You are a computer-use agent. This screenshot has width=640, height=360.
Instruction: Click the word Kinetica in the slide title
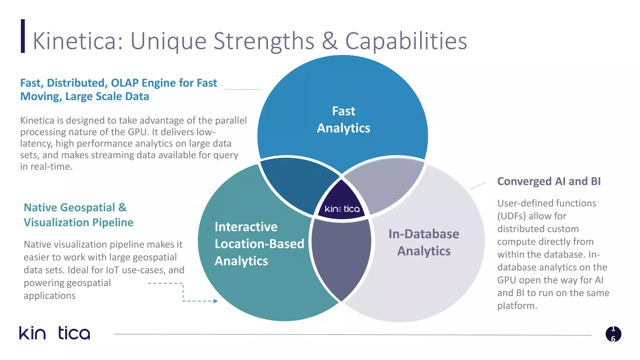[75, 41]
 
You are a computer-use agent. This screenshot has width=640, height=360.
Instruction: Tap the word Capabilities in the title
[406, 42]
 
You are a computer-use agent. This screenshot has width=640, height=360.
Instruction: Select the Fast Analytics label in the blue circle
[343, 120]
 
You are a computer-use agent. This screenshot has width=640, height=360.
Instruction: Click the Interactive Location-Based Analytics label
[259, 244]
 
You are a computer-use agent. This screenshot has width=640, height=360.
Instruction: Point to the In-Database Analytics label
[423, 242]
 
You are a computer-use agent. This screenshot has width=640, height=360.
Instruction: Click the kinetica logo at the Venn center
[342, 209]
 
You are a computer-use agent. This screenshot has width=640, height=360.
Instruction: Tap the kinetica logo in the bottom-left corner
[55, 333]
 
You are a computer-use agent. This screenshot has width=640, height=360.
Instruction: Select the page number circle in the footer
[613, 334]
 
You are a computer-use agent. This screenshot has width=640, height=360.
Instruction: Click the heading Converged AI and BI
[549, 181]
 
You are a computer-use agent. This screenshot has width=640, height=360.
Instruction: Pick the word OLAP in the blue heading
[125, 83]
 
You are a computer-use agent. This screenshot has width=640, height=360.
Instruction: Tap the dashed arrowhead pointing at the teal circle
[215, 301]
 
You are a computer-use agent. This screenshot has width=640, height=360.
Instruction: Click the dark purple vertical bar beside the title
[23, 36]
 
